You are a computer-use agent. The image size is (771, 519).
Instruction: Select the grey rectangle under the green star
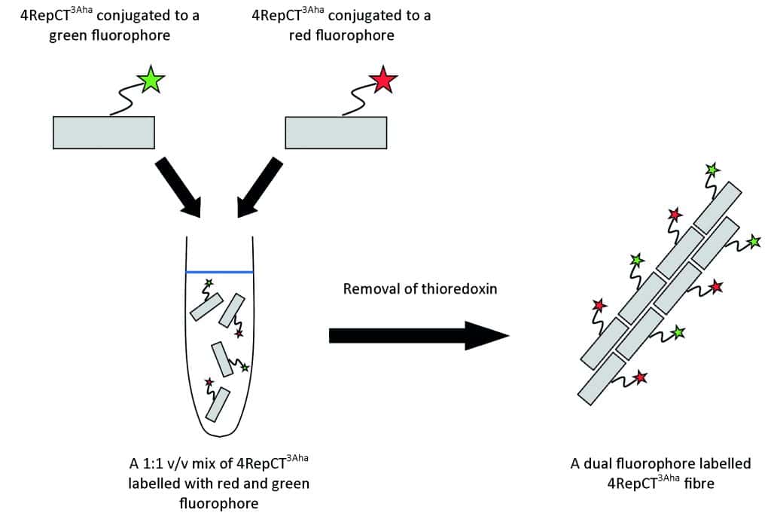[104, 132]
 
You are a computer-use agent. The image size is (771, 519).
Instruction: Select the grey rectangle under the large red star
[336, 132]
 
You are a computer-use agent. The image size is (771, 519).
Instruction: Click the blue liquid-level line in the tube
[219, 271]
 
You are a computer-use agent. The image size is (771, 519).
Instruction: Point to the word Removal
[369, 289]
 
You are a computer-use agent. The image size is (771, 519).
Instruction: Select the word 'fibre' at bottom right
[696, 483]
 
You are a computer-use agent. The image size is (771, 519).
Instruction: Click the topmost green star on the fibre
[712, 171]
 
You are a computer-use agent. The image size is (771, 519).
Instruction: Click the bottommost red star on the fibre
[640, 377]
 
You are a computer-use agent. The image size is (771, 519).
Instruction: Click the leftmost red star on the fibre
[599, 306]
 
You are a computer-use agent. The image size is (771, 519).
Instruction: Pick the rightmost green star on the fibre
[753, 242]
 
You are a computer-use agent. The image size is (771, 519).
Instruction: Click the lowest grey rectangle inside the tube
[217, 404]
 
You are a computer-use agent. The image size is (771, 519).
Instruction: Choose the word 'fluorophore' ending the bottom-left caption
[218, 502]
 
